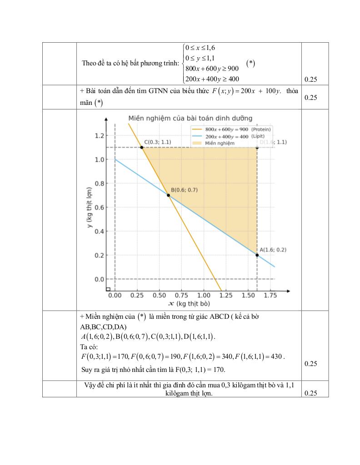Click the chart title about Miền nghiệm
190,119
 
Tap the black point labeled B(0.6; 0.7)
168,195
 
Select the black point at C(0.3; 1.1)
142,148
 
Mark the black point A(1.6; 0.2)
257,255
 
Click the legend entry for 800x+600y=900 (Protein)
232,129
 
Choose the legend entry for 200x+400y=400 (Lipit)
232,136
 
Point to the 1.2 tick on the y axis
99,136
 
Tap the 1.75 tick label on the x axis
270,295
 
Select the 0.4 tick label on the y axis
99,231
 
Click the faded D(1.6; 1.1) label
273,142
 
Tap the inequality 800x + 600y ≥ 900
212,69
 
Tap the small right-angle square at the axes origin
108,289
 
